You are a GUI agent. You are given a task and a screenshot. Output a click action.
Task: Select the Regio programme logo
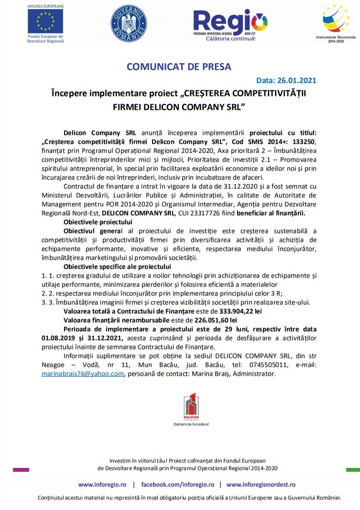tap(230, 24)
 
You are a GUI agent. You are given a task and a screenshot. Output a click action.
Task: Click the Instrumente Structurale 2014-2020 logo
tap(329, 22)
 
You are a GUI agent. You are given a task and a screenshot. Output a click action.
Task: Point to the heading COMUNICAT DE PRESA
tap(179, 67)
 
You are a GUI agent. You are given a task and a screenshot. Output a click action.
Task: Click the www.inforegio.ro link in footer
tap(102, 484)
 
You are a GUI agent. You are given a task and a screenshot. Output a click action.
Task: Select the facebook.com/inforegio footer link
tap(178, 484)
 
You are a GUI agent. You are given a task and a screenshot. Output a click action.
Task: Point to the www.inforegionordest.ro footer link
tap(261, 484)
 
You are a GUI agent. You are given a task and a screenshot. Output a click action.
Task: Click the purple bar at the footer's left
tap(21, 470)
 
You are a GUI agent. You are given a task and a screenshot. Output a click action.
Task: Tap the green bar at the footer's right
tap(353, 470)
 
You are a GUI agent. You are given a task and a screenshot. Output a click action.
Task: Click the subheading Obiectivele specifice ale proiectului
tap(117, 266)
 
